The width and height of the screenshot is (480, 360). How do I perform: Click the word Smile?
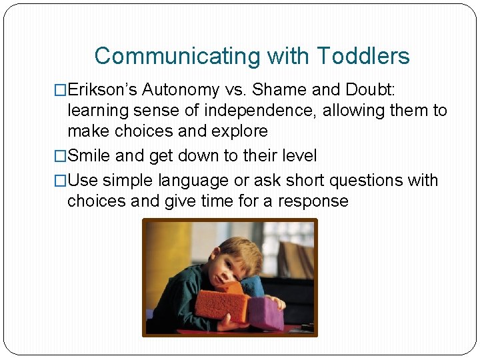point(89,156)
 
